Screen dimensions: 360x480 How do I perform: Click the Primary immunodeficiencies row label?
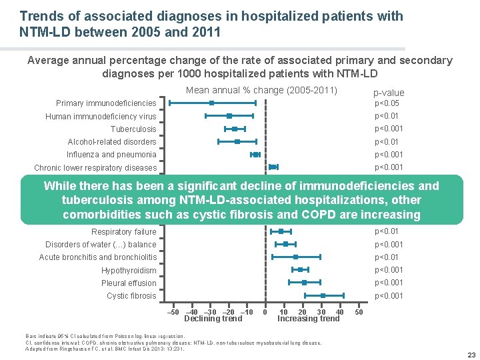106,103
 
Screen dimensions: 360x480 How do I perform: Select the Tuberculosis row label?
133,129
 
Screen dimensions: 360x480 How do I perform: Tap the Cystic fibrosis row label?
131,296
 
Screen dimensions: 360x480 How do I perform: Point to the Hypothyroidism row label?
129,271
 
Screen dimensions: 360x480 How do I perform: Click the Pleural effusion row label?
129,283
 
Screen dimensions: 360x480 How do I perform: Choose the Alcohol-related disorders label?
112,141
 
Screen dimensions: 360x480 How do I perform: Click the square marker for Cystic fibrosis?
323,295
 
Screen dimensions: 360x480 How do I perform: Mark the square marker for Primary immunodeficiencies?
211,103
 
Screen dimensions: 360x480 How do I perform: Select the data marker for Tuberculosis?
235,129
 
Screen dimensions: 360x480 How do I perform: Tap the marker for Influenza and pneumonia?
255,155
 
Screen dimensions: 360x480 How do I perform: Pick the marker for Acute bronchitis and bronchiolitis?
295,257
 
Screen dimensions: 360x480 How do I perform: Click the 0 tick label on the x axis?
265,312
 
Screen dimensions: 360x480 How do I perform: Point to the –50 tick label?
172,312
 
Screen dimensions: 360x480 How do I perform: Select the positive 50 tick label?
359,312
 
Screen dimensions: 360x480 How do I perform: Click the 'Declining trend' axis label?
213,319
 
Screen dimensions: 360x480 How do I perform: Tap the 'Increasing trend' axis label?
309,319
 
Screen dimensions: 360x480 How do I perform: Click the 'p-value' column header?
389,93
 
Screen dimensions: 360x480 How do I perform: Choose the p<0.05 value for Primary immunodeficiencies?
387,103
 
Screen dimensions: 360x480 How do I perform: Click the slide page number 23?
471,354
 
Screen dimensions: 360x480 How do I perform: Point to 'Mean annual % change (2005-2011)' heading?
261,91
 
